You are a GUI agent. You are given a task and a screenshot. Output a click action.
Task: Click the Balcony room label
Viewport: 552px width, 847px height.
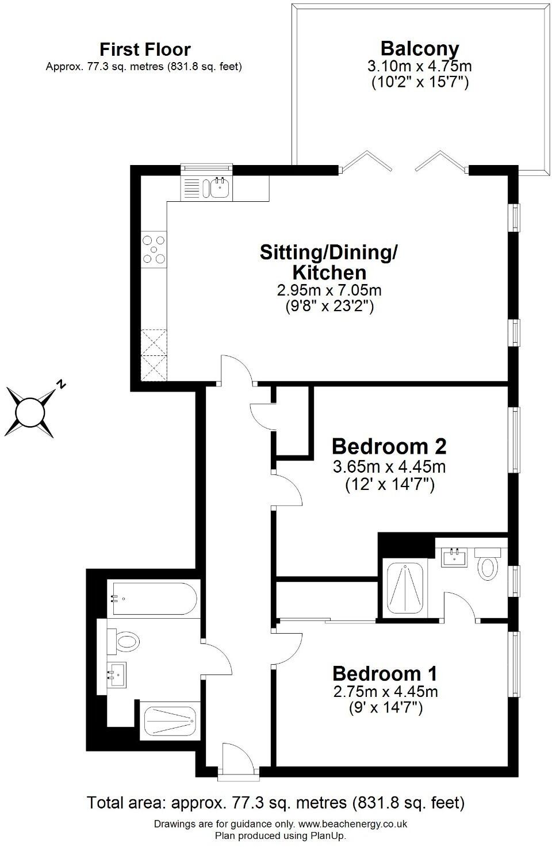click(420, 48)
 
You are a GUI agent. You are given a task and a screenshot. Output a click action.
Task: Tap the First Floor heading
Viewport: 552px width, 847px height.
click(144, 49)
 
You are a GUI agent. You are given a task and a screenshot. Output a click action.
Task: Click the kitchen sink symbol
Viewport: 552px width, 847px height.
click(220, 187)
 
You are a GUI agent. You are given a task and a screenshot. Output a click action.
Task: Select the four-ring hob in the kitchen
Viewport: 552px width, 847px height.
click(154, 250)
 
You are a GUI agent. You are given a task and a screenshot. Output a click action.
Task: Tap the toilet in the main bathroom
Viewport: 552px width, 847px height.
click(126, 641)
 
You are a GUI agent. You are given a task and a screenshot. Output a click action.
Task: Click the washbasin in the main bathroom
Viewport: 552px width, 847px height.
click(117, 674)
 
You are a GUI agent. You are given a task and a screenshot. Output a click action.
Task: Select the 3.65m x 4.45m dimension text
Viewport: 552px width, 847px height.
click(389, 466)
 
